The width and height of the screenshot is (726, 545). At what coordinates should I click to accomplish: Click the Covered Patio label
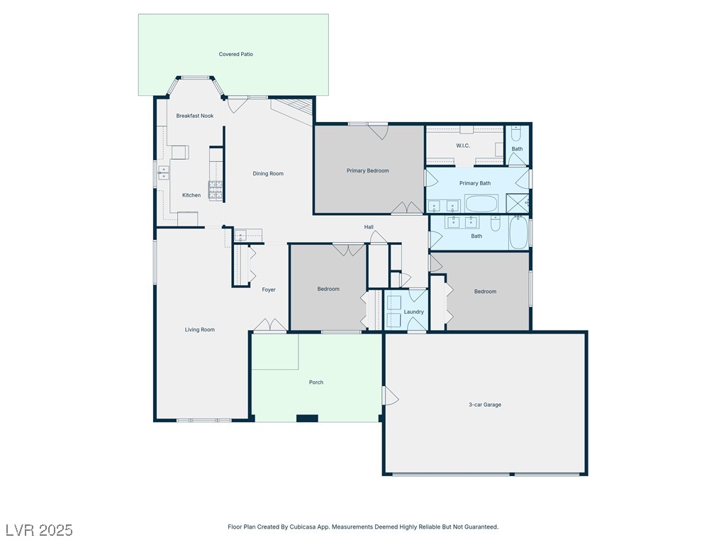pyautogui.click(x=235, y=54)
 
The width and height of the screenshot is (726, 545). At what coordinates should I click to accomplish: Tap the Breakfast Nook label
pyautogui.click(x=194, y=116)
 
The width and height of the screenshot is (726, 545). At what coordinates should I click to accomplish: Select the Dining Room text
pyautogui.click(x=267, y=174)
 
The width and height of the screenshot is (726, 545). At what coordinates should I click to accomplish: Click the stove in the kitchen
pyautogui.click(x=216, y=190)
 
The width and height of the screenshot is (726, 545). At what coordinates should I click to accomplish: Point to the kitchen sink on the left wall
pyautogui.click(x=164, y=172)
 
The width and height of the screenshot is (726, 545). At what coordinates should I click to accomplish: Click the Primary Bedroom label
pyautogui.click(x=368, y=171)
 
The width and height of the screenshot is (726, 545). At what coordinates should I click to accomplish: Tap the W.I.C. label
pyautogui.click(x=462, y=146)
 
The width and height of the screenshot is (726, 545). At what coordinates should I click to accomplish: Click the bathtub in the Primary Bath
pyautogui.click(x=481, y=204)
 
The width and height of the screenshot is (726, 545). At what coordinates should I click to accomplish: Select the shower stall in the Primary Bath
pyautogui.click(x=517, y=202)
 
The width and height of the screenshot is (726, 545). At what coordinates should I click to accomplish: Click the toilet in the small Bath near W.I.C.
pyautogui.click(x=517, y=134)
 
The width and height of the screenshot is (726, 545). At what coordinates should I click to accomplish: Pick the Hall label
pyautogui.click(x=369, y=227)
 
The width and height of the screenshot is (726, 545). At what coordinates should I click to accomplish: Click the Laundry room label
pyautogui.click(x=413, y=312)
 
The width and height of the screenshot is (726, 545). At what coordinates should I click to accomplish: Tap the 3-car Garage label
pyautogui.click(x=485, y=404)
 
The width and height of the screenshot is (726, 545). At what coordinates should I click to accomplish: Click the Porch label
pyautogui.click(x=315, y=382)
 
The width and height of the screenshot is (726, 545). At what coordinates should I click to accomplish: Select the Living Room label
pyautogui.click(x=199, y=330)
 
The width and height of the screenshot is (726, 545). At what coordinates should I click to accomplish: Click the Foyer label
pyautogui.click(x=269, y=290)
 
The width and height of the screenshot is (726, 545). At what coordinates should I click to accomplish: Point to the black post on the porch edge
pyautogui.click(x=307, y=419)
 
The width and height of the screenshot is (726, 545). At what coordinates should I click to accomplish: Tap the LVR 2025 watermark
pyautogui.click(x=40, y=530)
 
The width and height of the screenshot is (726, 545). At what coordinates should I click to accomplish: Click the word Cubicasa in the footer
pyautogui.click(x=302, y=527)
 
